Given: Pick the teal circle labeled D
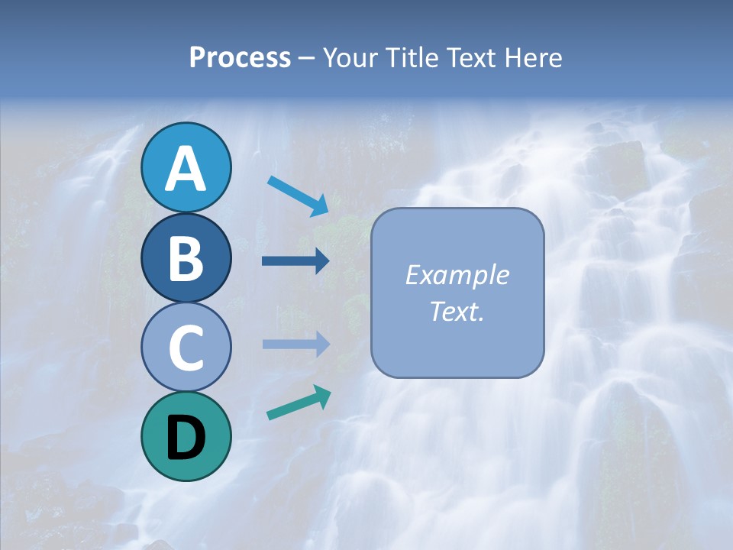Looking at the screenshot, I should [x=186, y=436].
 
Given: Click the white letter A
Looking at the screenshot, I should [x=186, y=169].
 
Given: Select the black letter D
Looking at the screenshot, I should [x=186, y=438].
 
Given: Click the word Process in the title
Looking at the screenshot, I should [x=240, y=58].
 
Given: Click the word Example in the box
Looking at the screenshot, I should [x=457, y=275].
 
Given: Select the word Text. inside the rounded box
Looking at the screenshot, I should [x=457, y=311].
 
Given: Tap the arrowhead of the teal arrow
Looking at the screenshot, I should [x=322, y=395].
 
